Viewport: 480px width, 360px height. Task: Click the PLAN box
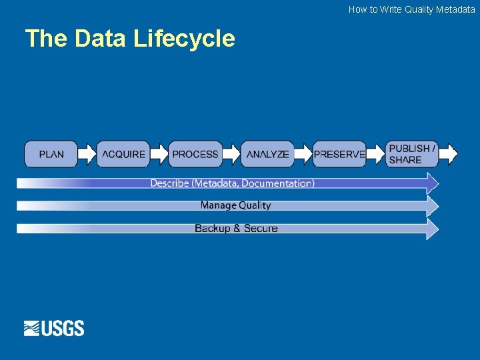(51, 154)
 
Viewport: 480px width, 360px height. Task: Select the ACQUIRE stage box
(123, 154)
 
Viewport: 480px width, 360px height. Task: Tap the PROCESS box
(195, 154)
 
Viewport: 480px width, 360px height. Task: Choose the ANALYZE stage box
(267, 154)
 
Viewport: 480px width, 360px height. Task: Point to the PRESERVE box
(339, 154)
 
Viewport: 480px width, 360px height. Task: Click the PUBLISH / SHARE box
(412, 154)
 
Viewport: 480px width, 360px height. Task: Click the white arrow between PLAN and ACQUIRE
(87, 154)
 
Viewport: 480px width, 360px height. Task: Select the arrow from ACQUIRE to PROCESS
(159, 154)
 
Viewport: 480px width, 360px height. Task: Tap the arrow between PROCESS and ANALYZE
(231, 154)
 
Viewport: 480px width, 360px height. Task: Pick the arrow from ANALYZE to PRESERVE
(303, 154)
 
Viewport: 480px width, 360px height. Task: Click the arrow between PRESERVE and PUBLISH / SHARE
(376, 154)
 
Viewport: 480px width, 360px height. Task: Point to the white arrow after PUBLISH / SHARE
(449, 154)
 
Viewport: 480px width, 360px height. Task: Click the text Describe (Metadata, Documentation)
(232, 183)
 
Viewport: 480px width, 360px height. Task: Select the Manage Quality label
(235, 205)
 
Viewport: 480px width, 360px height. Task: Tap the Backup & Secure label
(235, 228)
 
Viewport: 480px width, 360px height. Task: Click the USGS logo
(54, 328)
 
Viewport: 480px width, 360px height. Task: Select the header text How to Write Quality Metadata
(411, 9)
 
